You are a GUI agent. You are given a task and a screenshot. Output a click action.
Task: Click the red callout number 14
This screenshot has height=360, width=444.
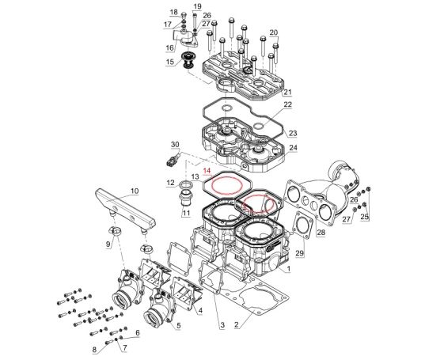coord(207,171)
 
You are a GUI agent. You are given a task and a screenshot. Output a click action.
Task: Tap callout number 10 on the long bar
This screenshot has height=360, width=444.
coord(135,191)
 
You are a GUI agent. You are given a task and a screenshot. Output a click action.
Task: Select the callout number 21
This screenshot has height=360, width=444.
coord(287,92)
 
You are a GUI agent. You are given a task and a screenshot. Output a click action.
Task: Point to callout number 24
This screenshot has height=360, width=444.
coord(294,148)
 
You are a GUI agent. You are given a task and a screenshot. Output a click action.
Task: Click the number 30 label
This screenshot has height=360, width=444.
coord(175,144)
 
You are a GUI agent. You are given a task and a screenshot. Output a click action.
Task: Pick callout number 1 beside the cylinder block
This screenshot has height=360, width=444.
coord(289,268)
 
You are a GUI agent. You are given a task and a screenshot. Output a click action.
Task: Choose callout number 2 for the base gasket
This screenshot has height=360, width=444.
coord(237,324)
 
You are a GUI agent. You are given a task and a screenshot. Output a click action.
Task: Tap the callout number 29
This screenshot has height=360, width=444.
coord(300,253)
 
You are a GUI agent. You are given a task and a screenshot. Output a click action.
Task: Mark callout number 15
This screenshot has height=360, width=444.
coord(170,62)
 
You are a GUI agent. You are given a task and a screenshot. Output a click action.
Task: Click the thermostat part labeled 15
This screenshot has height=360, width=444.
coord(187,59)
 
